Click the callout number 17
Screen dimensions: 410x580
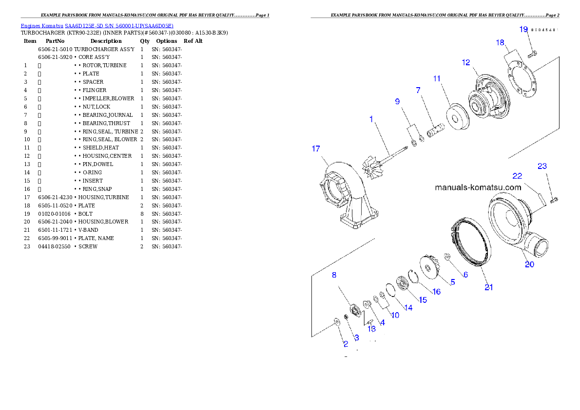(x=316, y=149)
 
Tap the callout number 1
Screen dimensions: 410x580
(x=371, y=119)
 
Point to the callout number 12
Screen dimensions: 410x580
(x=466, y=62)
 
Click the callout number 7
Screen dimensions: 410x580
(x=418, y=91)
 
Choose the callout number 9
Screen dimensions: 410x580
(x=397, y=101)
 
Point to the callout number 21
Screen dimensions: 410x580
(x=488, y=287)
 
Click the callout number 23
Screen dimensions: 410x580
(x=542, y=166)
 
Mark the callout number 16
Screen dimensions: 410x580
(x=436, y=292)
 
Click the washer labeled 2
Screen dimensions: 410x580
(x=336, y=322)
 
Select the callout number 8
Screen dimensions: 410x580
(x=334, y=275)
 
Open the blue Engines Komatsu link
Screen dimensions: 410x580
(x=97, y=26)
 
